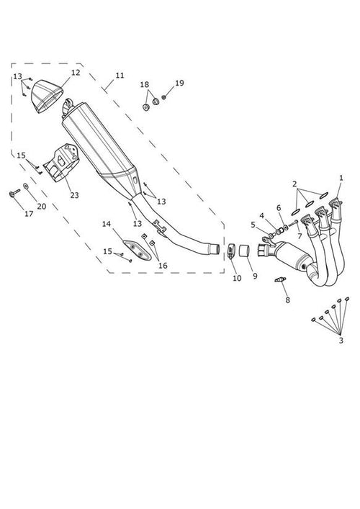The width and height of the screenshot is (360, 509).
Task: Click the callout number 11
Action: click(120, 76)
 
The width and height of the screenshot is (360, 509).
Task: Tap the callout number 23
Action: click(75, 195)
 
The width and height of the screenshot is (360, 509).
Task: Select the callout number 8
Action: click(287, 300)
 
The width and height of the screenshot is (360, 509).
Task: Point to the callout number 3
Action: click(341, 341)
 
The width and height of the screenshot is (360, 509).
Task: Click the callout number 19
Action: click(179, 83)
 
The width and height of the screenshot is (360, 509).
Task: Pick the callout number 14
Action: click(107, 224)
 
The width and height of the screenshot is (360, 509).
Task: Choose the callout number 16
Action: click(163, 266)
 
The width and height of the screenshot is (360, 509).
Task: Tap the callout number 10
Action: click(237, 278)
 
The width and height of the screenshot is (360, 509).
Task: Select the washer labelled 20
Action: click(26, 186)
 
